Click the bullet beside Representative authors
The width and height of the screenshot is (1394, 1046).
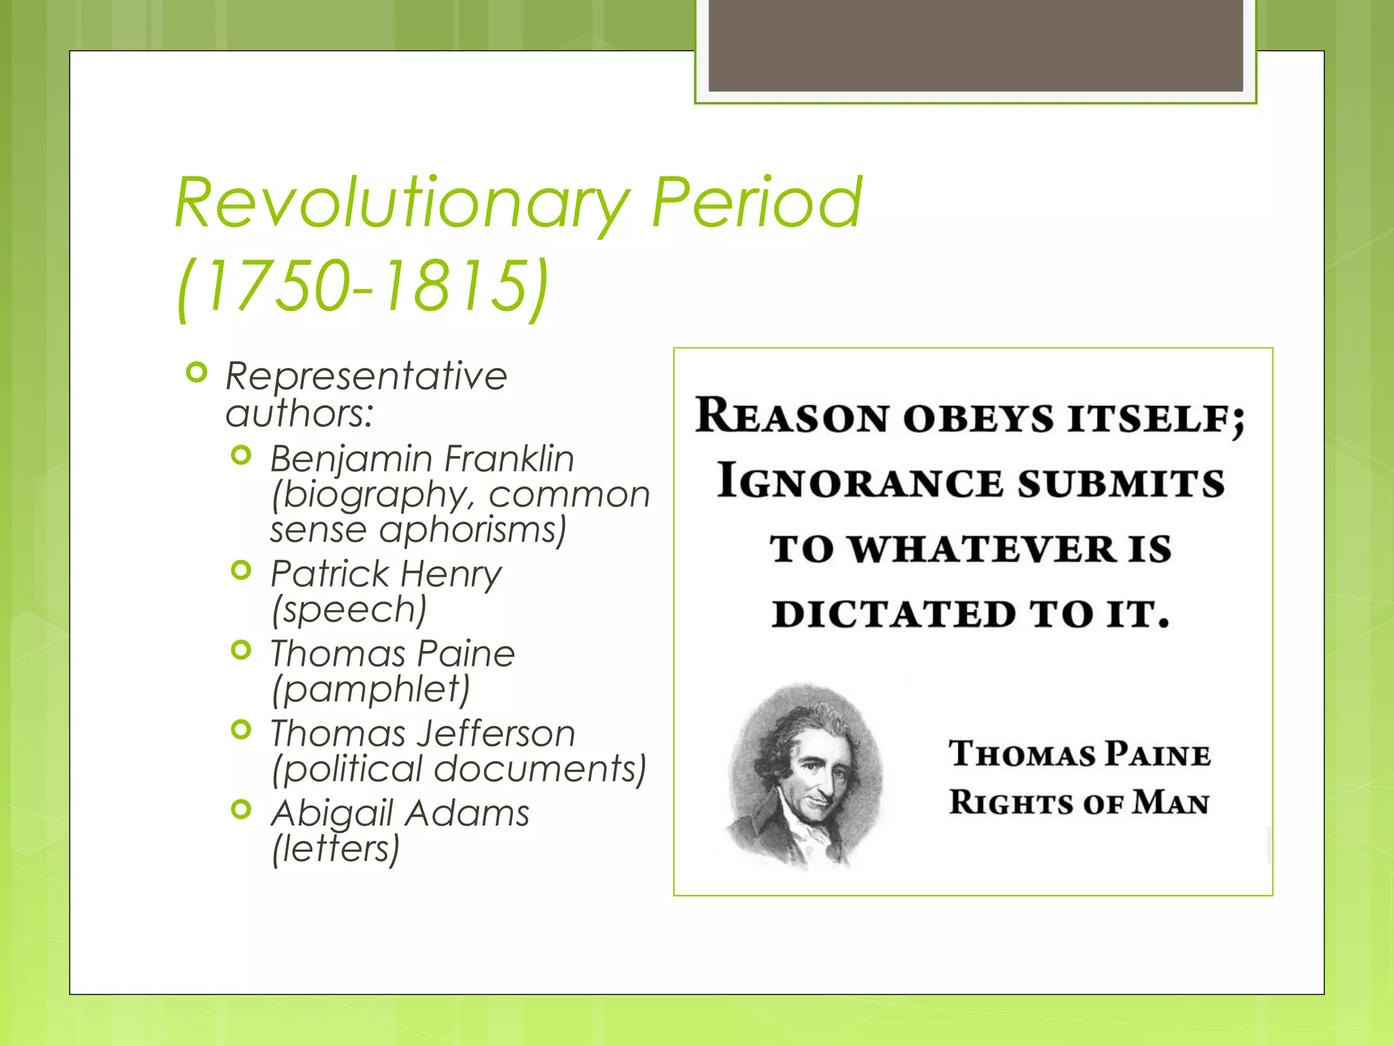coord(196,373)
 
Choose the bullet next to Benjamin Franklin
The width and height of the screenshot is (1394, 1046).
coord(241,455)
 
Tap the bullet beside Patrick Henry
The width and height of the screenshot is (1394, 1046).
coord(241,569)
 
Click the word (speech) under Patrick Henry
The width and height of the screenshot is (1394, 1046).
coord(348,609)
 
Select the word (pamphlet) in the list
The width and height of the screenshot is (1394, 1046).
coord(370,689)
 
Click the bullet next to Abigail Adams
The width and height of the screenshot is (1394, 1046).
coord(241,809)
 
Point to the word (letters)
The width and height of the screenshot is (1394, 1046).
coord(336,849)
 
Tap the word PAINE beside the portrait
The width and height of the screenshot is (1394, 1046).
coord(1157,755)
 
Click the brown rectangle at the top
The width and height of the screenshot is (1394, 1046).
coord(975,45)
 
